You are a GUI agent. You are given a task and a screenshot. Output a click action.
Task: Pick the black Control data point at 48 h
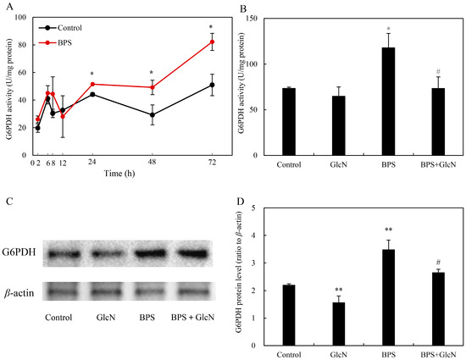pyautogui.click(x=151, y=114)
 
